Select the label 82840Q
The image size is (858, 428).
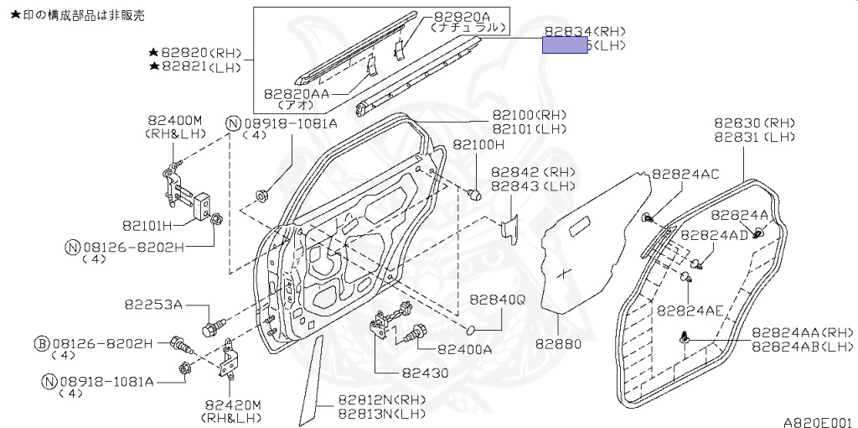point(497,299)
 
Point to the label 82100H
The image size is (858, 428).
point(479,144)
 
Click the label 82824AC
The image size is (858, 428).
point(685,175)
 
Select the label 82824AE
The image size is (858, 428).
point(690,310)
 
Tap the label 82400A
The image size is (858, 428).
point(464,349)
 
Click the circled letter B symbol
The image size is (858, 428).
point(41,343)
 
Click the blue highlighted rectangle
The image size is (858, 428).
point(565,45)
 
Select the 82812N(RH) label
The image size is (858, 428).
point(382,399)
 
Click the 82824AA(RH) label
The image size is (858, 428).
point(802,332)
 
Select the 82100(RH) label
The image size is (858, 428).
point(529,115)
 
